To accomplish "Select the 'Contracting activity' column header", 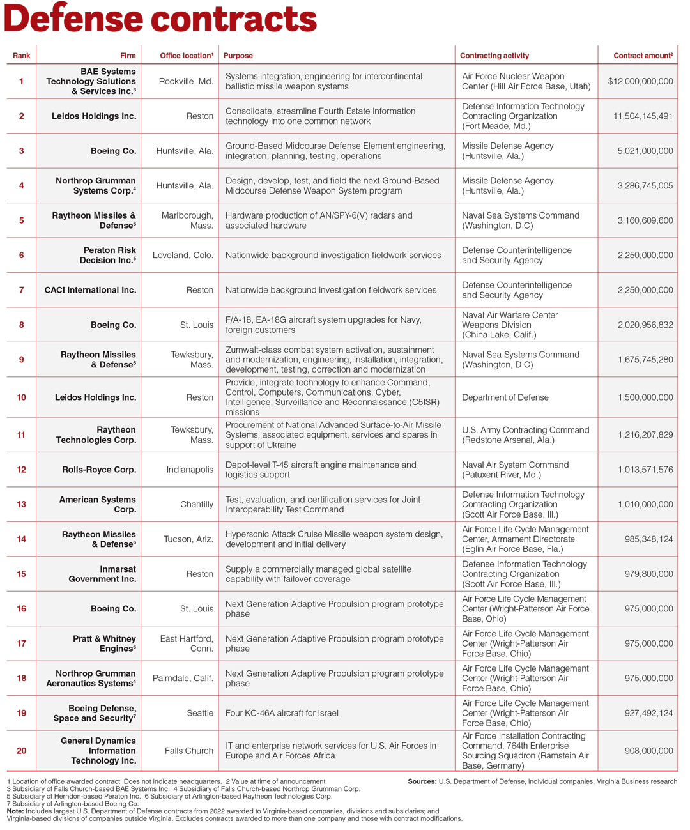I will (x=494, y=56).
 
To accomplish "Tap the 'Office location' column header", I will (x=186, y=56).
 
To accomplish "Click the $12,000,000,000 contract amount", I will (x=640, y=81).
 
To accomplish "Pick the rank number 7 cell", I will (x=21, y=290).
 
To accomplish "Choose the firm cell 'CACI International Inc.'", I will (x=90, y=290).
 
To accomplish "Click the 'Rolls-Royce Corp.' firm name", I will (x=99, y=470).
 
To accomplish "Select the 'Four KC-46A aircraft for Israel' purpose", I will (x=282, y=713).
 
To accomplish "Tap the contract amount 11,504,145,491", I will (x=643, y=116).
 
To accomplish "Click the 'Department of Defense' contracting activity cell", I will (x=505, y=397).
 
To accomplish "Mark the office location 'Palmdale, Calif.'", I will (x=183, y=678).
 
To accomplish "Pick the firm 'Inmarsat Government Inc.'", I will (x=102, y=574).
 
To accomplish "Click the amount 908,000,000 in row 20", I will (x=648, y=751).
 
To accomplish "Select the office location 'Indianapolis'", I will (x=190, y=470).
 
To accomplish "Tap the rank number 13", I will (x=21, y=504).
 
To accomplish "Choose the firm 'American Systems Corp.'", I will (x=97, y=504).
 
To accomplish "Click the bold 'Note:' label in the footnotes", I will (x=15, y=811).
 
